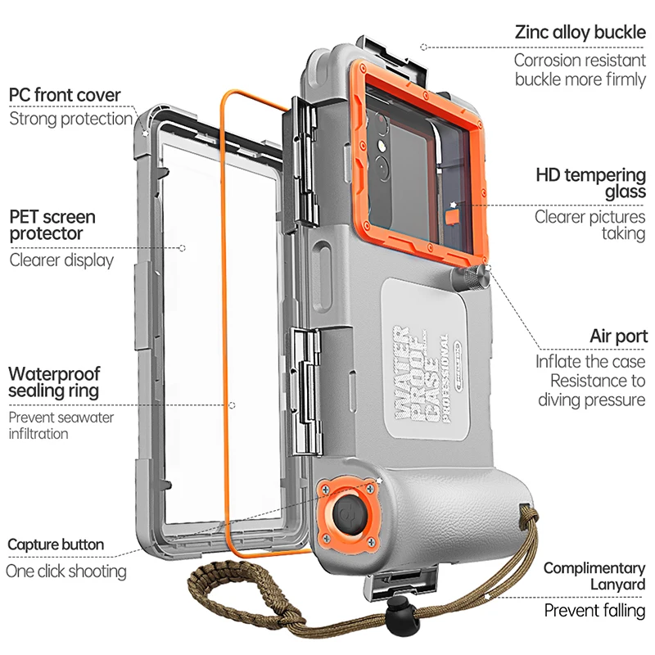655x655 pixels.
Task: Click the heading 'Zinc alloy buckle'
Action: [580, 33]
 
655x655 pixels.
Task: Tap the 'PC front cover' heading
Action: [65, 95]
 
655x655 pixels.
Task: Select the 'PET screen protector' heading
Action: [52, 225]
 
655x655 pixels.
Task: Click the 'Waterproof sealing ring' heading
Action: [54, 382]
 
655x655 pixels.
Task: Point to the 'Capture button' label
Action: [56, 544]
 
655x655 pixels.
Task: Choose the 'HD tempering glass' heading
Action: [590, 183]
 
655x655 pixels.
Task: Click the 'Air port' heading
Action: [618, 337]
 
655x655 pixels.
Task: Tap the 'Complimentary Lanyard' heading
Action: [594, 576]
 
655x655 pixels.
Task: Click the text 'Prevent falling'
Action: [594, 611]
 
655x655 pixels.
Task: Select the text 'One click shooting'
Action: [66, 571]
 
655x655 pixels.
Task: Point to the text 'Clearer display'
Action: [61, 260]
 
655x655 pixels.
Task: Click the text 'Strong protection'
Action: [70, 120]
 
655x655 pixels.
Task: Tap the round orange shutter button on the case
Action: [349, 516]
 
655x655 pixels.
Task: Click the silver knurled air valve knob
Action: [472, 278]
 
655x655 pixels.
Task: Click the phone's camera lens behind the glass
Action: [382, 148]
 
